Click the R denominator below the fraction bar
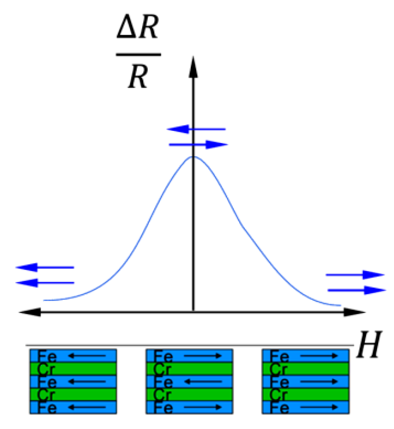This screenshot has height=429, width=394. pyautogui.click(x=138, y=77)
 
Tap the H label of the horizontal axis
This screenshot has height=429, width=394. pyautogui.click(x=369, y=345)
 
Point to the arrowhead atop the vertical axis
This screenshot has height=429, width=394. pyautogui.click(x=193, y=67)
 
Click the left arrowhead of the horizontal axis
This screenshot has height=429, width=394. pyautogui.click(x=30, y=312)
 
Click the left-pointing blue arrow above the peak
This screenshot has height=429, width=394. pyautogui.click(x=196, y=129)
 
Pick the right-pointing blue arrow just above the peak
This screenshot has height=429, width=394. pyautogui.click(x=198, y=145)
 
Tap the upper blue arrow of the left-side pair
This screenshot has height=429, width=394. pyautogui.click(x=45, y=267)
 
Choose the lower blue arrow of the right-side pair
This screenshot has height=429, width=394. pyautogui.click(x=357, y=290)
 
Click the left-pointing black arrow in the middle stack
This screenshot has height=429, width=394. pyautogui.click(x=203, y=381)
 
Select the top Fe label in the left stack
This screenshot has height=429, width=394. pyautogui.click(x=47, y=356)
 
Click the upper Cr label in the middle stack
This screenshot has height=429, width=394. pyautogui.click(x=162, y=369)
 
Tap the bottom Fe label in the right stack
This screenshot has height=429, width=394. pyautogui.click(x=279, y=408)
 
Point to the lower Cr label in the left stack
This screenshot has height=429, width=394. pyautogui.click(x=46, y=395)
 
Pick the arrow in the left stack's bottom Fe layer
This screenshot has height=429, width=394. pyautogui.click(x=87, y=407)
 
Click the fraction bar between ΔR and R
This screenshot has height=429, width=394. pyautogui.click(x=138, y=55)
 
